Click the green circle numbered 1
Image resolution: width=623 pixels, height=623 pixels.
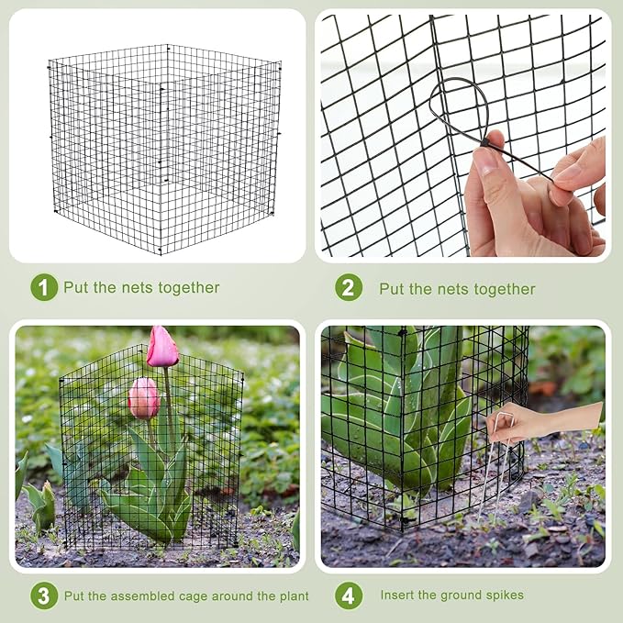[44, 287]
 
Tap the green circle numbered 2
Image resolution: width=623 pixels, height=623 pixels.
[349, 288]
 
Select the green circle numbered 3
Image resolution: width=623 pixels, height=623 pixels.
[44, 595]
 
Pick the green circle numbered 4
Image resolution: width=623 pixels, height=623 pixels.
[349, 595]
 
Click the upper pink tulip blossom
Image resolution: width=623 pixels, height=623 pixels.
[162, 347]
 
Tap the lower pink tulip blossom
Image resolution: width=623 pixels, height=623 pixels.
[143, 397]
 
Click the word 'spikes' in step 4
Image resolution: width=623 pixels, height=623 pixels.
[502, 595]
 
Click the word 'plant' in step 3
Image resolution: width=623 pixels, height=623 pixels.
[291, 595]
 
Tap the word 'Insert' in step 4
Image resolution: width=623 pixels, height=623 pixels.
[400, 595]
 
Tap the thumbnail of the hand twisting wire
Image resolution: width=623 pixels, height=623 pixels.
[462, 135]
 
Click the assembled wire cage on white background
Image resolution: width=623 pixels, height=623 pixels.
[165, 147]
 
